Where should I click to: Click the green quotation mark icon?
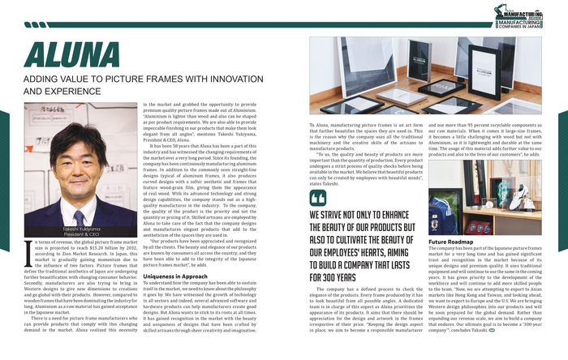tap(318, 199)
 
